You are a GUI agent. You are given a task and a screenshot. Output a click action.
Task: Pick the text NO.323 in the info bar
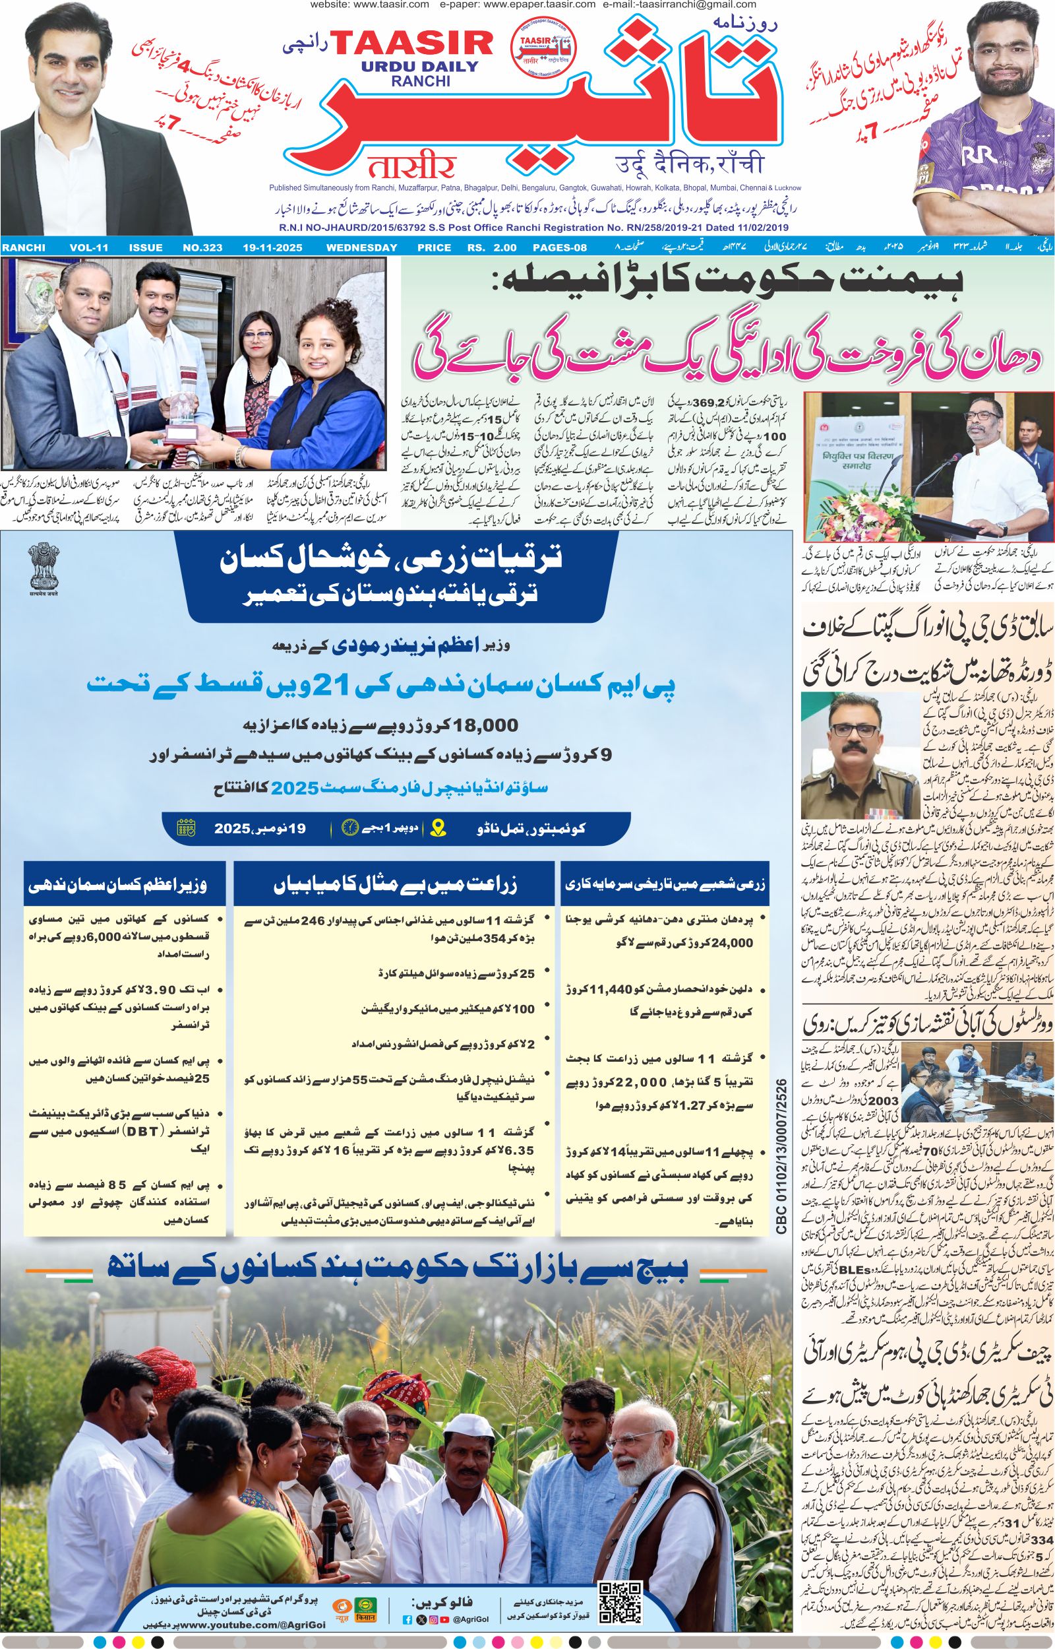coord(204,247)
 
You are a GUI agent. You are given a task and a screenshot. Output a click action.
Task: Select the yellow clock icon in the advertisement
coord(350,827)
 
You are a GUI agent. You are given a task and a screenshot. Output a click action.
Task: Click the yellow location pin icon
coord(439,828)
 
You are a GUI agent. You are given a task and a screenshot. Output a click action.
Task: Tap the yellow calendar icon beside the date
coord(187,828)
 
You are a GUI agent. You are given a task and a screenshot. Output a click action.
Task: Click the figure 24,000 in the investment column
coord(729,942)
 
